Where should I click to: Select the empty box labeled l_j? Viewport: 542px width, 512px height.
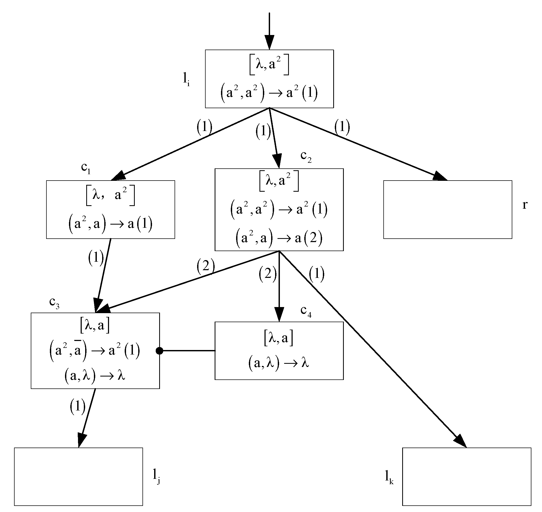point(78,476)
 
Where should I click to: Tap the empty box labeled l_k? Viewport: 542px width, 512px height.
point(466,476)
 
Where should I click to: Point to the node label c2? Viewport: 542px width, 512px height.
point(306,156)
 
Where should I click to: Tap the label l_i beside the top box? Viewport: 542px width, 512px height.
point(186,80)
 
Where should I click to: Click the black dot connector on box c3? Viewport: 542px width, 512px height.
point(159,351)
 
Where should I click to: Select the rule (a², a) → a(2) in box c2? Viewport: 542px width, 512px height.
point(279,238)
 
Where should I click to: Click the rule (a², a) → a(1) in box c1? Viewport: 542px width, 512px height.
point(110,224)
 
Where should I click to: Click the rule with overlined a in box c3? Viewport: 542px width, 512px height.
point(94,351)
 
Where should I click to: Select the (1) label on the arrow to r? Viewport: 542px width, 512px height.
point(342,127)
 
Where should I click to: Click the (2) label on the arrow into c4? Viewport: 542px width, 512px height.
point(267,273)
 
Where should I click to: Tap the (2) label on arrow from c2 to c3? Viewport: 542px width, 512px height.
point(206,266)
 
